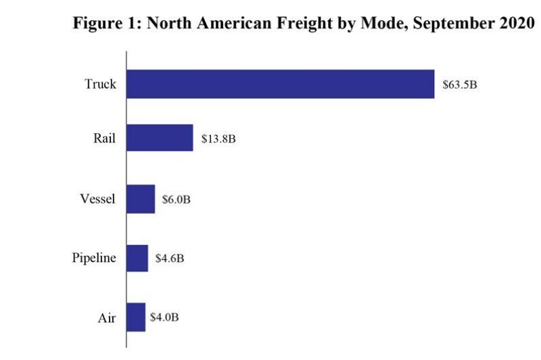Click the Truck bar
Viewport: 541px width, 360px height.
pyautogui.click(x=280, y=84)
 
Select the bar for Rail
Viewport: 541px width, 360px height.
pyautogui.click(x=160, y=137)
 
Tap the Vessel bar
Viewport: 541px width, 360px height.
pyautogui.click(x=141, y=199)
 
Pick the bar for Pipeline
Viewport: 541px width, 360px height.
pyautogui.click(x=137, y=258)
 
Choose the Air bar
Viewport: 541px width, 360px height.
pyautogui.click(x=136, y=317)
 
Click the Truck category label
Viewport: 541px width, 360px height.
pyautogui.click(x=101, y=85)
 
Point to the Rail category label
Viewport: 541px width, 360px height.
pyautogui.click(x=105, y=138)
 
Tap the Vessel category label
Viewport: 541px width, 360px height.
pyautogui.click(x=98, y=199)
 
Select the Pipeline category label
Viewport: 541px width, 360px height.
pyautogui.click(x=95, y=258)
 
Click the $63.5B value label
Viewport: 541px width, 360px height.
pyautogui.click(x=460, y=85)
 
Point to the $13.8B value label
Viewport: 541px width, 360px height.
pyautogui.click(x=218, y=139)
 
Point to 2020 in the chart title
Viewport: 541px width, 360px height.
pyautogui.click(x=518, y=22)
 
